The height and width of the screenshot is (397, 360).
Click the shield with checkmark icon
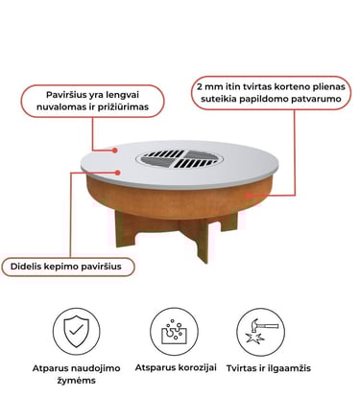tap(77, 331)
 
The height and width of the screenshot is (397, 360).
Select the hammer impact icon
tap(260, 331)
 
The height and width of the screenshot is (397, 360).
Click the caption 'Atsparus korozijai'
tap(176, 367)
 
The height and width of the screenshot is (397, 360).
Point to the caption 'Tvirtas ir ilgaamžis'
tap(269, 368)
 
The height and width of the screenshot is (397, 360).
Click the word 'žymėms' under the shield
tap(77, 381)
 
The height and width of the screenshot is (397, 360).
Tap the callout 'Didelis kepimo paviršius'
tap(66, 267)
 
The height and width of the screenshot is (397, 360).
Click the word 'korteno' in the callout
tap(293, 87)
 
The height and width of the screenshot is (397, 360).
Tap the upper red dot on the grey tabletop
tap(116, 150)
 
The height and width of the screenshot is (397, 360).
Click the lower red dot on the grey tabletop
tap(118, 173)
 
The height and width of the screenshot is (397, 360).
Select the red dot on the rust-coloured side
tap(249, 195)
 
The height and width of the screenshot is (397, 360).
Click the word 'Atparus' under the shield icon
tap(51, 368)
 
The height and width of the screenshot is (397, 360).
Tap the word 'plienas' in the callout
tap(328, 87)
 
